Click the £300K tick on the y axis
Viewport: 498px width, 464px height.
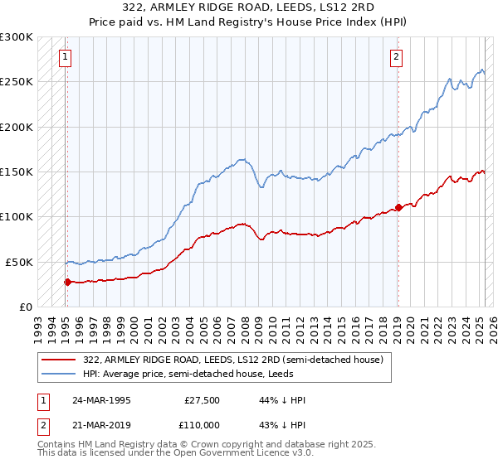pos(17,37)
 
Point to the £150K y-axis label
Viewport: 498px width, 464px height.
pos(17,172)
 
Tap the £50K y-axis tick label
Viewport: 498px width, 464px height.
pos(19,262)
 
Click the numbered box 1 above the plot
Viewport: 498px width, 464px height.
pos(66,57)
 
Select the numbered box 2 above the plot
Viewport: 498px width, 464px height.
pos(397,57)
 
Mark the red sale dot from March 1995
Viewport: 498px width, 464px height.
pos(67,282)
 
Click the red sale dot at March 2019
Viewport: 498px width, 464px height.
pos(398,207)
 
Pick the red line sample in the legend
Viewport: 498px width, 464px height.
pos(59,360)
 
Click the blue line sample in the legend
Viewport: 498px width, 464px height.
pos(59,373)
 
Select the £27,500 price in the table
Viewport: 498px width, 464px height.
pos(202,399)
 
